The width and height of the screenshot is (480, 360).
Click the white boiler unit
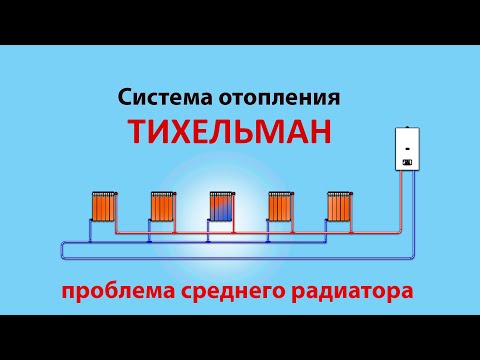click(408, 149)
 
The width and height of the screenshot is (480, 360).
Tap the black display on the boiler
click(408, 160)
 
